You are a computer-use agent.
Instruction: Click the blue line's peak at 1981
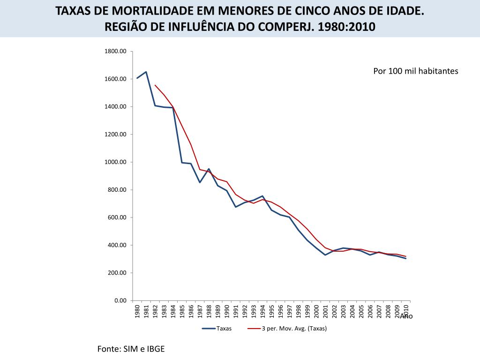[x=146, y=72]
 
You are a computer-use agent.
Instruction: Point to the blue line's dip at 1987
[x=200, y=182]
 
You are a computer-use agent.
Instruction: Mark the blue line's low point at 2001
[x=325, y=255]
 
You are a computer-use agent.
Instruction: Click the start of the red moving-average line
[x=155, y=85]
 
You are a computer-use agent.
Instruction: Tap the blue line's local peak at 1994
[x=262, y=196]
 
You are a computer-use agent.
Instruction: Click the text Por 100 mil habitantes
[x=415, y=71]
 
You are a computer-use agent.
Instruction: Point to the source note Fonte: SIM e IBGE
[x=131, y=349]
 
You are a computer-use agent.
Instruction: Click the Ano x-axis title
[x=406, y=316]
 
